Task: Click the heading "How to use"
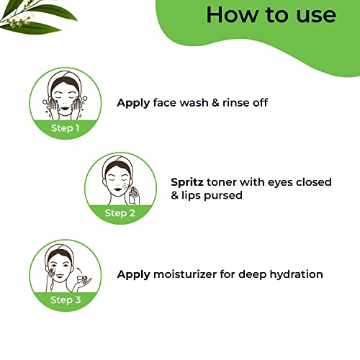[271, 15]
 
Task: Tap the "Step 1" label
[66, 128]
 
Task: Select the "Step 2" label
[120, 213]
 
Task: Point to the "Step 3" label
[66, 300]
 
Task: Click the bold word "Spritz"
[187, 182]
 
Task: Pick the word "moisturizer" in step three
[185, 274]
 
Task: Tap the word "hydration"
[296, 274]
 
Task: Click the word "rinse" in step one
[235, 103]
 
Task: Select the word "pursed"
[223, 196]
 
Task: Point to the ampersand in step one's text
[215, 103]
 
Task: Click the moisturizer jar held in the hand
[81, 279]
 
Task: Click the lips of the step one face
[65, 108]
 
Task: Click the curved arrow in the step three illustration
[78, 271]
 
